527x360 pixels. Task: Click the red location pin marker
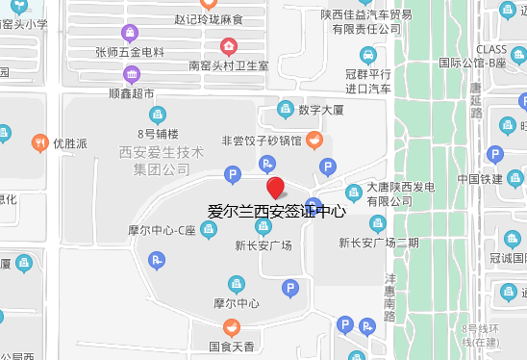[x=275, y=189]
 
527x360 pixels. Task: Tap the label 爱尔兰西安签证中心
[x=276, y=211]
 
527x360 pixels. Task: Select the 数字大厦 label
[x=322, y=110]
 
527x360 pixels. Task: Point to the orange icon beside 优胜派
[x=38, y=142]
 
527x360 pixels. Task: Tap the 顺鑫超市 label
[x=132, y=93]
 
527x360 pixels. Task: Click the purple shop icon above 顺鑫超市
[x=132, y=75]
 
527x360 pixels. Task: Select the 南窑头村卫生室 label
[x=228, y=65]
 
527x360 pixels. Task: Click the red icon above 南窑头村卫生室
[x=228, y=45]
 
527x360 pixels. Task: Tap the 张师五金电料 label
[x=130, y=51]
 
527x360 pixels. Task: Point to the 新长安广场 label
[x=263, y=244]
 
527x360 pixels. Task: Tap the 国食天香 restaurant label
[x=231, y=346]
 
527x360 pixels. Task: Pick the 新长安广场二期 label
[x=379, y=242]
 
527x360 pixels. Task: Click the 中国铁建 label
[x=480, y=179]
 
